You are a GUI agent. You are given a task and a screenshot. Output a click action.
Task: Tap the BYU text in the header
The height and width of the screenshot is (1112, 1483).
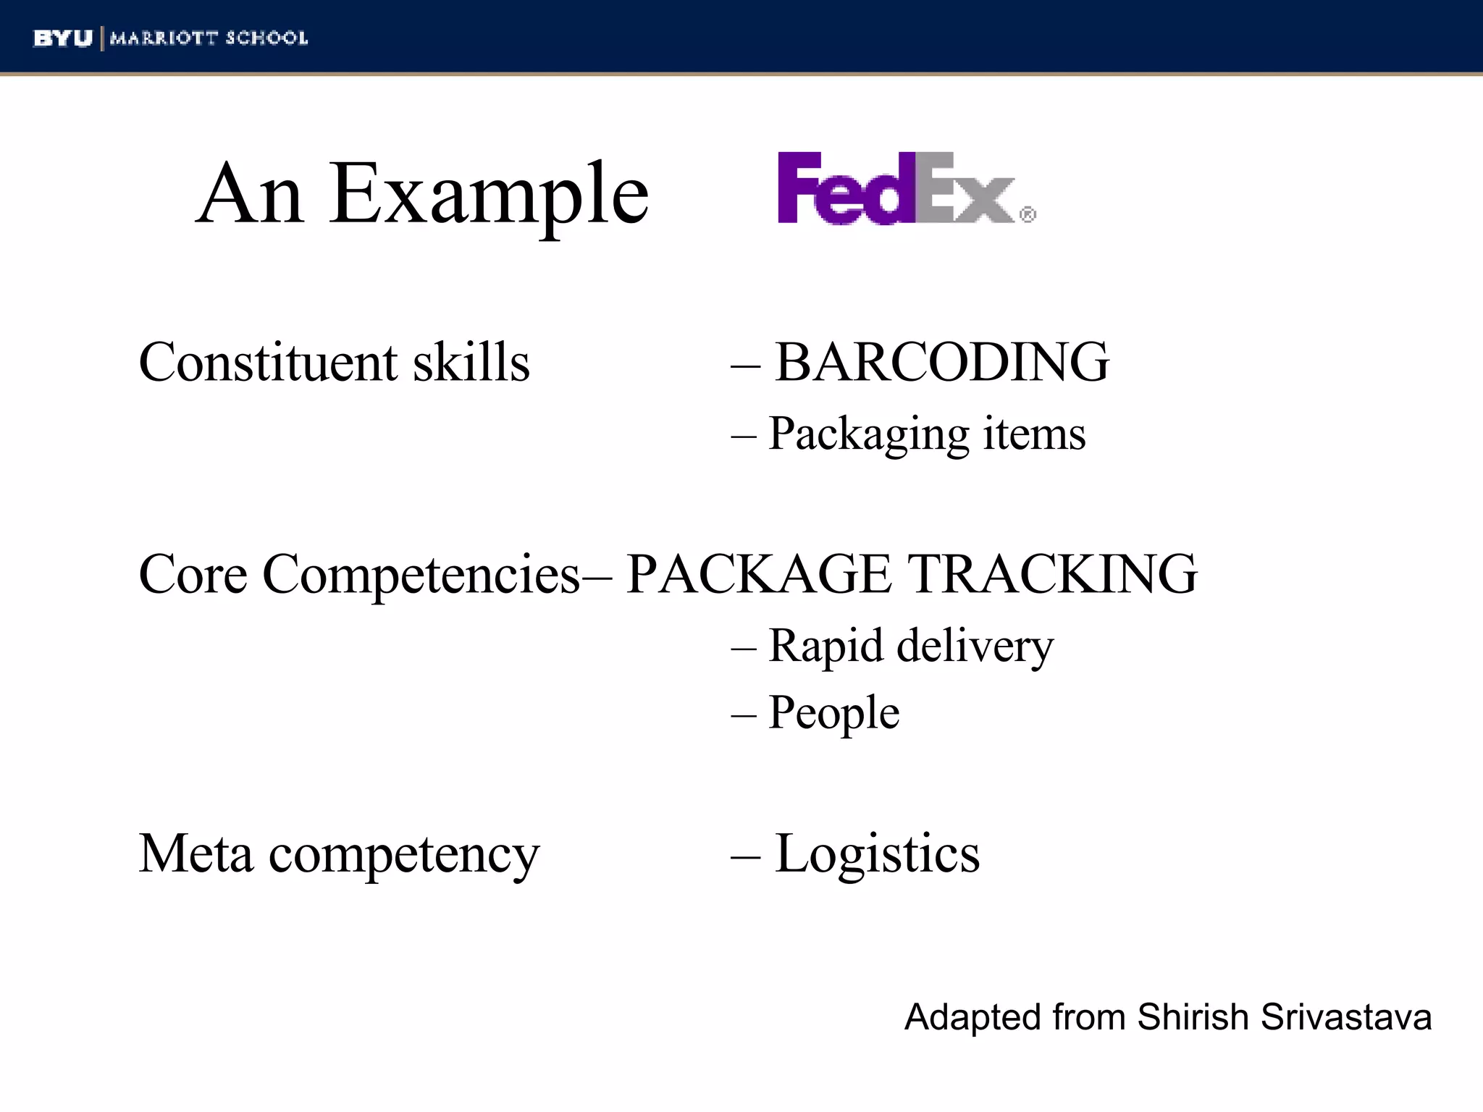[63, 38]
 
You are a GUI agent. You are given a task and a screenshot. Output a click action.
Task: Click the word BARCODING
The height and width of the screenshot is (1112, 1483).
[942, 362]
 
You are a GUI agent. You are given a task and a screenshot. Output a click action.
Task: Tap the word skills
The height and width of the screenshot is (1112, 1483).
[471, 362]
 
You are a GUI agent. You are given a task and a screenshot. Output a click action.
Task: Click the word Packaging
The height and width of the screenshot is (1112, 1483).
[868, 435]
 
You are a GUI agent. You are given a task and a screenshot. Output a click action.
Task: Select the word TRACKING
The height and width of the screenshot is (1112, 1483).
[1053, 574]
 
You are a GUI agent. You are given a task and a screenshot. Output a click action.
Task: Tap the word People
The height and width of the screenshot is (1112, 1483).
[834, 713]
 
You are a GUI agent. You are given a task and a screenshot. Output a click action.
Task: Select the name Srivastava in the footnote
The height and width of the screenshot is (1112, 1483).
[1345, 1017]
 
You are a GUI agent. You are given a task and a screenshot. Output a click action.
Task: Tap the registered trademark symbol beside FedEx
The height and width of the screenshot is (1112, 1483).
[1028, 215]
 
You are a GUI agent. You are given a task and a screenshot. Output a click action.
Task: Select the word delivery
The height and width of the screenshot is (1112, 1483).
[975, 646]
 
